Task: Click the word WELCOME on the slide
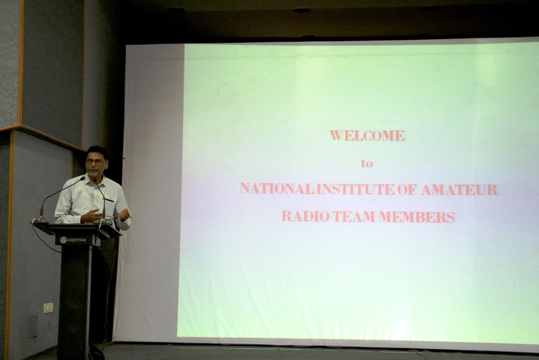[367, 136]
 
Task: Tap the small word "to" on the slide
[367, 163]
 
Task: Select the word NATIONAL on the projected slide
[277, 189]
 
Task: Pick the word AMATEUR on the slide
[459, 189]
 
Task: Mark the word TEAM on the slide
[353, 216]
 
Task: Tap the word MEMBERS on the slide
[417, 217]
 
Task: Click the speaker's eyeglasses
[96, 162]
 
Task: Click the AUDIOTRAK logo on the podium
[73, 239]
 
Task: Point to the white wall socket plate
[48, 307]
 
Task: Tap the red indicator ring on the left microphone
[41, 217]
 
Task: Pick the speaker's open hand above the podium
[91, 216]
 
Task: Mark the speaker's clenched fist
[124, 214]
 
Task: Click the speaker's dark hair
[96, 151]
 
